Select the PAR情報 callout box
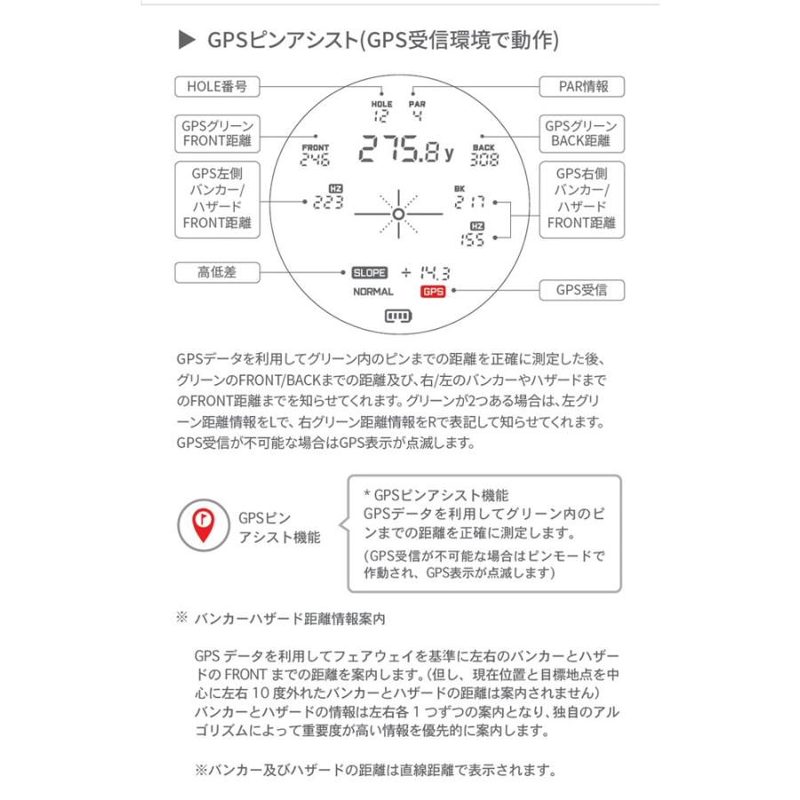tap(582, 87)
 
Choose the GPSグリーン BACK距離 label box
tap(582, 134)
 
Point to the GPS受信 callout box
tap(582, 290)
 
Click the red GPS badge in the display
tap(432, 292)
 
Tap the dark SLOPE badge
tap(369, 273)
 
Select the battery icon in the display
tap(399, 316)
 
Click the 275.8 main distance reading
tap(404, 152)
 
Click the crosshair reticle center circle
tap(399, 214)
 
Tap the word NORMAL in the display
tap(373, 292)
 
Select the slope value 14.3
tap(435, 273)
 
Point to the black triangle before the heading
tap(186, 40)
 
